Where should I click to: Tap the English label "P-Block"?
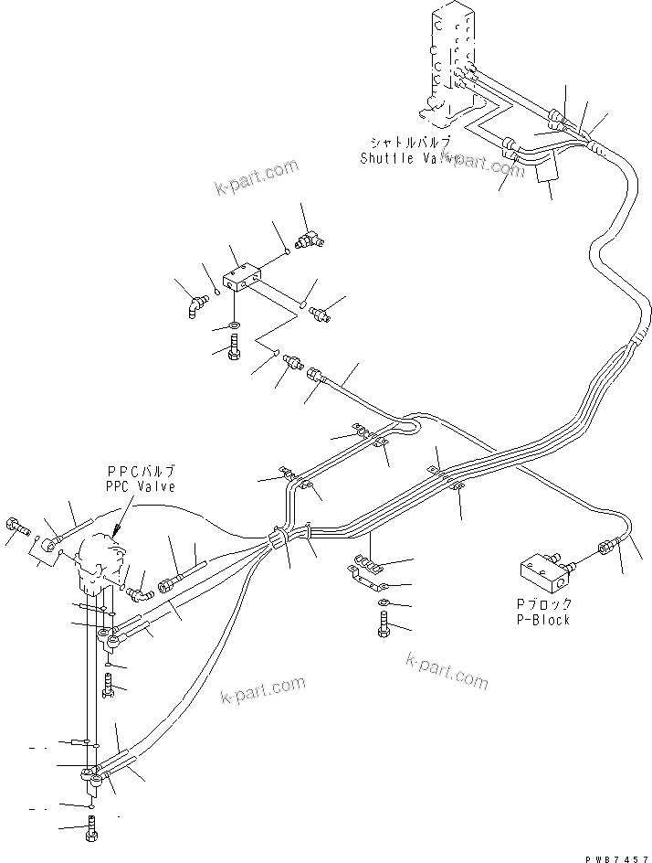[542, 619]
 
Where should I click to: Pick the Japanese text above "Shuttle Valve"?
[411, 143]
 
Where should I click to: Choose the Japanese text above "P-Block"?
[543, 603]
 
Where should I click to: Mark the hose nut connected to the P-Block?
[605, 549]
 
